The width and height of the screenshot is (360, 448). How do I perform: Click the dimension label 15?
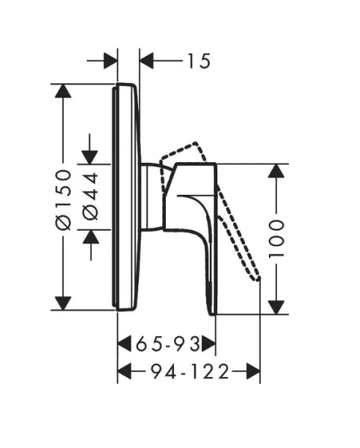click(x=199, y=61)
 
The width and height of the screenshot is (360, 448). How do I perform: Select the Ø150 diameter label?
click(x=63, y=199)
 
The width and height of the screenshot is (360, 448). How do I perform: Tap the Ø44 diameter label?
click(x=91, y=196)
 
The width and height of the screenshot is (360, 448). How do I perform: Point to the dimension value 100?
click(x=276, y=239)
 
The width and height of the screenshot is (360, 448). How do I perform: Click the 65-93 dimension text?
click(x=168, y=343)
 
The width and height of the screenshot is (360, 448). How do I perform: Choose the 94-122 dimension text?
click(x=190, y=371)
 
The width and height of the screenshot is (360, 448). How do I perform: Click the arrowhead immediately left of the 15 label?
click(x=146, y=60)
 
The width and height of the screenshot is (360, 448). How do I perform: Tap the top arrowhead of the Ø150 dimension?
click(x=63, y=91)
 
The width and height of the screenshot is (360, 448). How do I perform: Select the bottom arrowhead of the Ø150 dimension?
click(x=63, y=303)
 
